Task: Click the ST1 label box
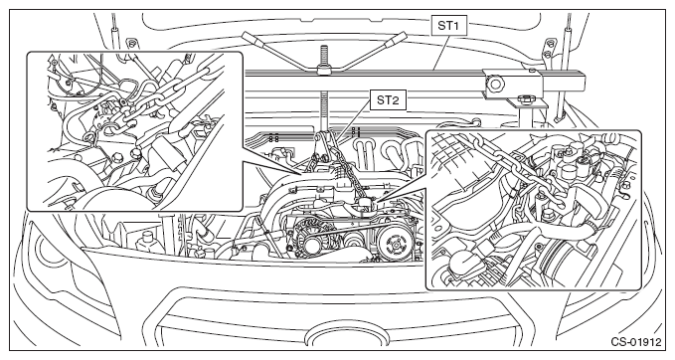tap(448, 26)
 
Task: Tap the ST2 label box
tap(388, 99)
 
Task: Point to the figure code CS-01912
tap(636, 342)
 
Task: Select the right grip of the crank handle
tap(393, 39)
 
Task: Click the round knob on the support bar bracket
tap(495, 83)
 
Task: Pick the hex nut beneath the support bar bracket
tap(524, 98)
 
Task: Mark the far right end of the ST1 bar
tap(586, 81)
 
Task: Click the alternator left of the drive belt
tap(311, 240)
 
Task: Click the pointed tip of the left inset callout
tap(302, 174)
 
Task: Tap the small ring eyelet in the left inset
tap(88, 138)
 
